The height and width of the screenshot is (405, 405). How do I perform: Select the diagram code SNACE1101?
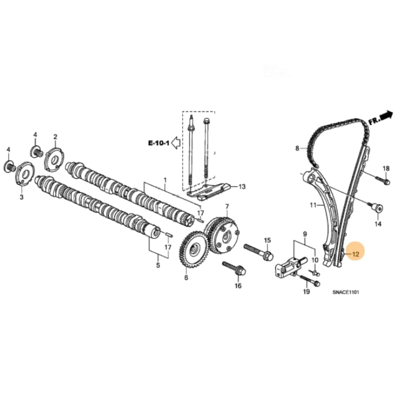click(x=346, y=293)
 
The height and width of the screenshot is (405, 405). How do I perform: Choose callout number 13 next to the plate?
click(x=242, y=187)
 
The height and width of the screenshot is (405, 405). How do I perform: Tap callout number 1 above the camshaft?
click(x=165, y=181)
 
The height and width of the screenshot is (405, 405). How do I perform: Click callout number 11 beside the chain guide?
click(x=312, y=205)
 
